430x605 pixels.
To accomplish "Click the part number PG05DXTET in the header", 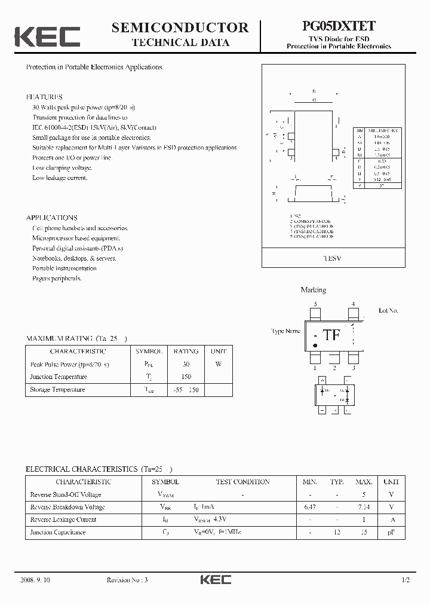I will pos(338,26).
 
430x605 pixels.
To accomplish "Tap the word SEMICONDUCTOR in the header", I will pos(180,27).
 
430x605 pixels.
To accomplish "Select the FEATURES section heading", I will pos(44,97).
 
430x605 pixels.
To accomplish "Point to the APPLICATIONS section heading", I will pos(52,218).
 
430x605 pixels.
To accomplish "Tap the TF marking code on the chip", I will pos(331,335).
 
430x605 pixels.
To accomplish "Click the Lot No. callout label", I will pos(388,311).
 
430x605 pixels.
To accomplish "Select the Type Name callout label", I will pos(285,331).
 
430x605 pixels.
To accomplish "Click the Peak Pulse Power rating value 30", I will pos(186,364).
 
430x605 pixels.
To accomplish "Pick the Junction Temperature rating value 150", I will pos(186,377).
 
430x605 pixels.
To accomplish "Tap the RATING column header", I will pos(186,352).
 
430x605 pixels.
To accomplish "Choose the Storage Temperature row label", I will pos(57,389).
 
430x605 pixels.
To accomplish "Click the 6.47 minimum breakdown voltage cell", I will pos(309,507).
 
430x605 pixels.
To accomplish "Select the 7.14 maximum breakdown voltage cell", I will pos(364,507).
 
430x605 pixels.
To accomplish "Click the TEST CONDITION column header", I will pos(242,482).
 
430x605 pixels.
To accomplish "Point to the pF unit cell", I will pos(391,532).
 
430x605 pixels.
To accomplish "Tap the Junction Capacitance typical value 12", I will pos(337,532).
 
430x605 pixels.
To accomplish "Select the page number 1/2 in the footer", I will pos(406,580).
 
